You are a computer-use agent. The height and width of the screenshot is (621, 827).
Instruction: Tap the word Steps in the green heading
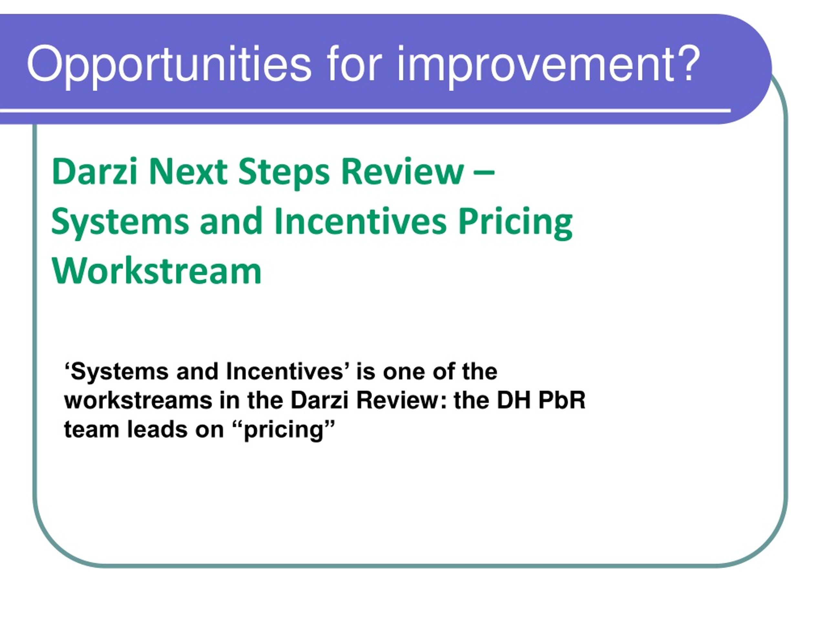pos(284,174)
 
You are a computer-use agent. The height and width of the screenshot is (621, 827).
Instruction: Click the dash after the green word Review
pos(485,173)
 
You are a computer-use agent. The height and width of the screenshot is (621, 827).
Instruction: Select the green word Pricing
pos(515,224)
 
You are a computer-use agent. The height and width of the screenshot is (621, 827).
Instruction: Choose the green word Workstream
pos(156,271)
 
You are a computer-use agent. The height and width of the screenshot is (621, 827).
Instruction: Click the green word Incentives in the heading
pos(361,222)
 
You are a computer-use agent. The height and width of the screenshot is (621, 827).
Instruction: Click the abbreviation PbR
pos(562,400)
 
